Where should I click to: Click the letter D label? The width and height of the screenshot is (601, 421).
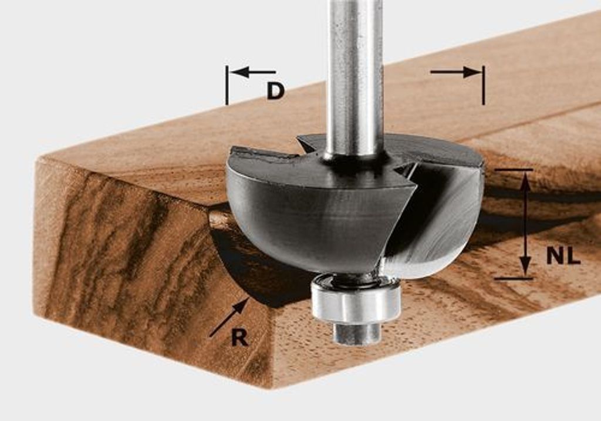click(276, 92)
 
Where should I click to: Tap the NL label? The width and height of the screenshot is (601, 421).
click(563, 256)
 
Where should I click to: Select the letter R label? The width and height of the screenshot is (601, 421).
click(239, 338)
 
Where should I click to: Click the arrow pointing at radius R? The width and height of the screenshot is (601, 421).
click(228, 318)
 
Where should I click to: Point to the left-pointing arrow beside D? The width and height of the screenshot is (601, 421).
click(254, 72)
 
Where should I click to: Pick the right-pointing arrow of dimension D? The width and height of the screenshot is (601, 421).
click(455, 72)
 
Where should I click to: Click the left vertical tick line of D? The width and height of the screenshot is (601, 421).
click(227, 85)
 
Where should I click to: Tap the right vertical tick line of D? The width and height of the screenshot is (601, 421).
click(484, 85)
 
